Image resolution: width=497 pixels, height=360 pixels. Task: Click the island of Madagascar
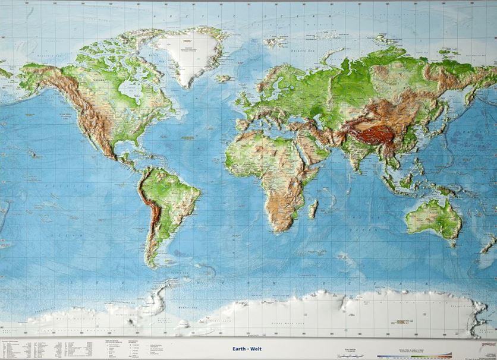click(313, 208)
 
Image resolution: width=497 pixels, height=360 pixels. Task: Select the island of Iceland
click(223, 78)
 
